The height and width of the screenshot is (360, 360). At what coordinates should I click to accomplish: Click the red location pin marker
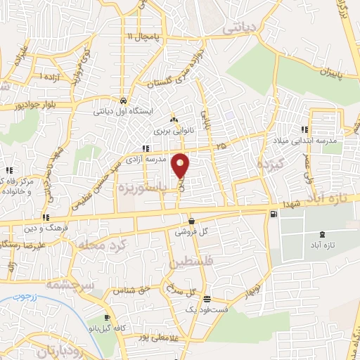click(181, 165)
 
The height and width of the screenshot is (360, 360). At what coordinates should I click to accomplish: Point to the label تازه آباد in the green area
click(321, 245)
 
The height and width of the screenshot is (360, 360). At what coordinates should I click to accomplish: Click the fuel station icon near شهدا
click(273, 214)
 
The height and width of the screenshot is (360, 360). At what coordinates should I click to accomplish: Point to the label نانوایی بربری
click(172, 131)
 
